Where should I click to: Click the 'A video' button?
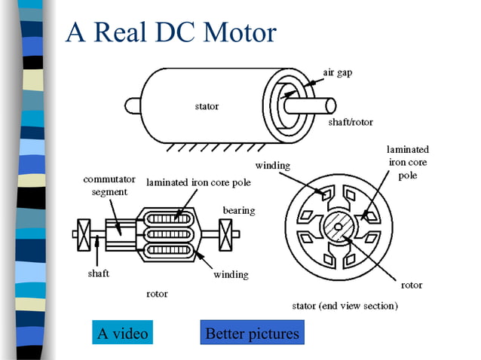(122, 332)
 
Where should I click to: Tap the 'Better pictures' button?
(252, 332)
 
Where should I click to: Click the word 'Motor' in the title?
(240, 32)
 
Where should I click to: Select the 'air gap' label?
(338, 72)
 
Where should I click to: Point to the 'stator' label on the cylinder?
(207, 106)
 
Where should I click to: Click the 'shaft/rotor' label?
(351, 122)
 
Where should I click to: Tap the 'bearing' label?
(239, 210)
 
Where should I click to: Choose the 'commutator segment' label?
(109, 185)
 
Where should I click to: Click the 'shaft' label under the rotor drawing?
(99, 273)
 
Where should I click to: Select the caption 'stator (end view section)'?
(345, 306)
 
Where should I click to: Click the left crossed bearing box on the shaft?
(84, 235)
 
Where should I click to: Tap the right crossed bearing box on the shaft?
(225, 235)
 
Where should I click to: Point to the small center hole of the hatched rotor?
(338, 227)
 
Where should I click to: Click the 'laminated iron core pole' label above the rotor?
(198, 182)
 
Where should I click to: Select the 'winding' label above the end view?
(273, 166)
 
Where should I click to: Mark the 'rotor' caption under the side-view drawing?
(157, 294)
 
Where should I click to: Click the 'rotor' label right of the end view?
(412, 285)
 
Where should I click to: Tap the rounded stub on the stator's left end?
(133, 105)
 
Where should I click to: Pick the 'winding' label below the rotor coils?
(231, 274)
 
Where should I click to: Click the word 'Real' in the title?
(120, 32)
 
